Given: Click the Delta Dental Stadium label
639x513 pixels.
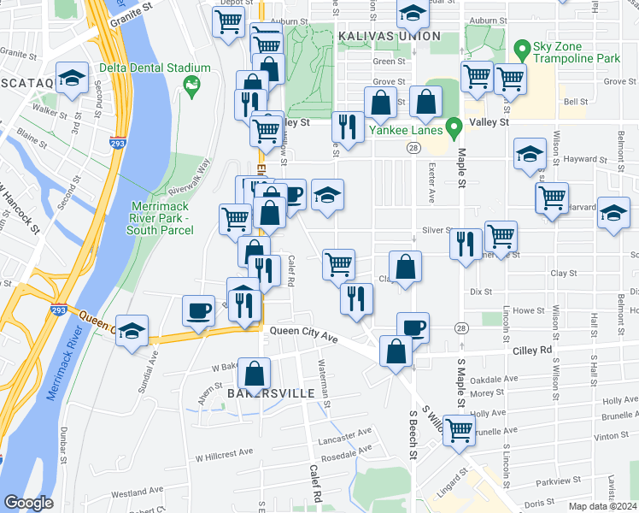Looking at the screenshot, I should (x=155, y=68).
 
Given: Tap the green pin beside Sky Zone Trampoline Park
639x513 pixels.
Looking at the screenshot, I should (x=522, y=48).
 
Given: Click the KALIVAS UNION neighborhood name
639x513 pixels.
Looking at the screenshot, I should (x=389, y=36).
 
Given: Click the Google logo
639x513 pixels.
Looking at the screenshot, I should (x=28, y=503).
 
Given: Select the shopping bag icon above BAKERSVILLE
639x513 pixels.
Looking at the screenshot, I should (x=255, y=374).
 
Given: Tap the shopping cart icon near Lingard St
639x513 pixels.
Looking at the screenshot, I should (x=459, y=430).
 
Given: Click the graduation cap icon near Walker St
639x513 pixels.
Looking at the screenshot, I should (x=73, y=78).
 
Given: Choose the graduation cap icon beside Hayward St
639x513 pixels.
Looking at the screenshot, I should (x=530, y=155).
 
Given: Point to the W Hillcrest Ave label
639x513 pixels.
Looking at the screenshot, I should (x=224, y=452).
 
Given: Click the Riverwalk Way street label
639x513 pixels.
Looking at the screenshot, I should (x=192, y=177).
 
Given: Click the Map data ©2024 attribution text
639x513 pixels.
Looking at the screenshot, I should (x=603, y=506).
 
